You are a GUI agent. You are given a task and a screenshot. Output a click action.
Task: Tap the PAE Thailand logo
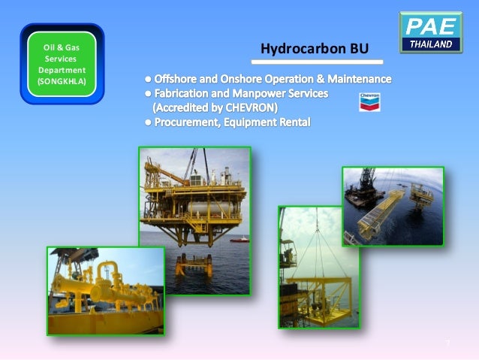(430, 32)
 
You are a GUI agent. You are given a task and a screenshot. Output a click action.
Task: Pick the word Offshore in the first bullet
(176, 79)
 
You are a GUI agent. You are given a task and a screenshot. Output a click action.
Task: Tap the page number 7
(447, 343)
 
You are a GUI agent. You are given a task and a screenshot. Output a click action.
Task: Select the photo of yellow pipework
(104, 290)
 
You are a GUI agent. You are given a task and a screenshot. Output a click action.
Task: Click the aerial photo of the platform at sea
(393, 206)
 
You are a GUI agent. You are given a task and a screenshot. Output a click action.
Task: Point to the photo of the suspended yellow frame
(318, 266)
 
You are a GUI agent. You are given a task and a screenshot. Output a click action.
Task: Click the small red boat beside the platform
(241, 239)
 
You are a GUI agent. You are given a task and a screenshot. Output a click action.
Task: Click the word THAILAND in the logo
(430, 44)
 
